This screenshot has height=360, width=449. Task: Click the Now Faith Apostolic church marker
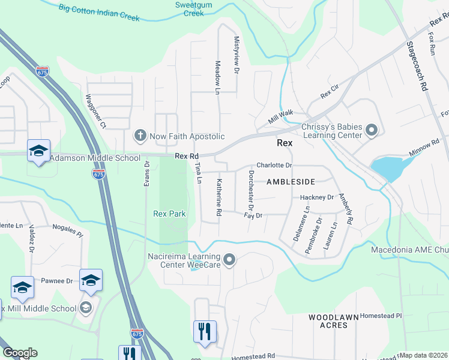click(x=140, y=136)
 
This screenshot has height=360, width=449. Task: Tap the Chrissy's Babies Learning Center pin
click(x=371, y=130)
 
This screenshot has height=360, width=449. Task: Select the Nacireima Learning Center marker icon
click(x=229, y=260)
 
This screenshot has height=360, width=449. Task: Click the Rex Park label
click(x=169, y=214)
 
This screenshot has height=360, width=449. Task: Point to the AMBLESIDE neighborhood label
click(x=291, y=181)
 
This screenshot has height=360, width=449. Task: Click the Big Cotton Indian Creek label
click(x=100, y=13)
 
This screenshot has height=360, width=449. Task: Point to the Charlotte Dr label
click(x=274, y=165)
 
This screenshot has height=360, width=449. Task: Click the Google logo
click(x=20, y=353)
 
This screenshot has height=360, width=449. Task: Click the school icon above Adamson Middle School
click(x=38, y=150)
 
